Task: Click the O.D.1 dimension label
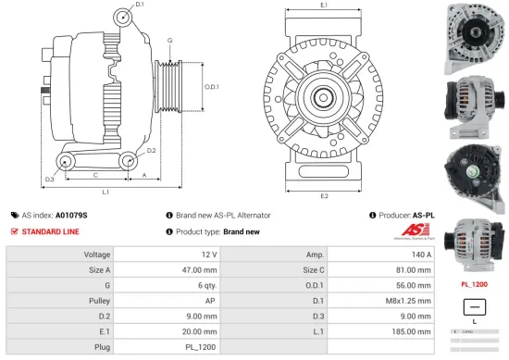pos(211,88)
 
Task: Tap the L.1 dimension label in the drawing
pos(106,192)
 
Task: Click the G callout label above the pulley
pos(169,42)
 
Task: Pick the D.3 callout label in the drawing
pos(49,179)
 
